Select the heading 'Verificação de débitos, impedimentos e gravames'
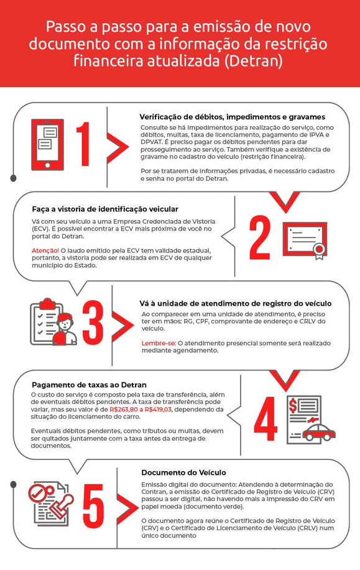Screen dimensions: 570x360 (x=232, y=117)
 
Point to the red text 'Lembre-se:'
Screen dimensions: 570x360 (x=159, y=342)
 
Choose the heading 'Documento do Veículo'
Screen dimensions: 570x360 (x=183, y=472)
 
